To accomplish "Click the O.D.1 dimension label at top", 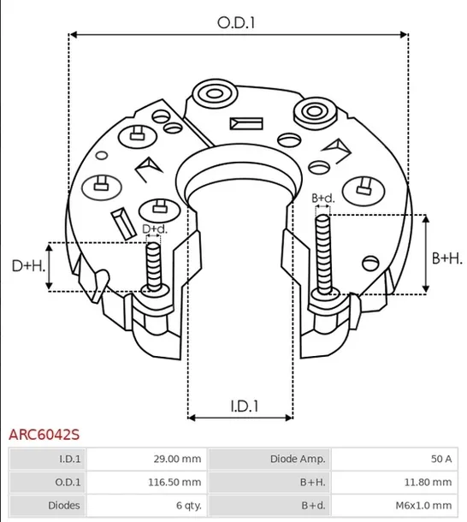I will (x=237, y=23).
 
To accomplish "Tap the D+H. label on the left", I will (x=27, y=266).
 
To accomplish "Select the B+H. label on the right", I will (x=446, y=258).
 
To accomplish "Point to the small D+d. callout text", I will (x=154, y=228).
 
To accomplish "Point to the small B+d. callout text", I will (x=322, y=199).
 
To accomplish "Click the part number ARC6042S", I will (x=44, y=435).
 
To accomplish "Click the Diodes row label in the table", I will (x=46, y=505).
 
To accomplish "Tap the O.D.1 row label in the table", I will (x=46, y=482).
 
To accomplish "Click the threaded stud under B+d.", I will (x=322, y=252).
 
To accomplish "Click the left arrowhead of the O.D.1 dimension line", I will (x=73, y=35).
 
